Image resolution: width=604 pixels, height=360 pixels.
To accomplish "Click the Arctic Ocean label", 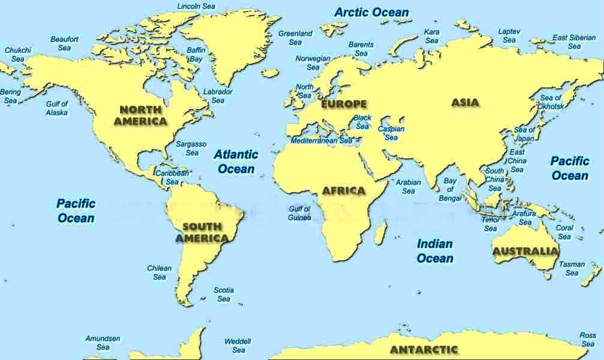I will (372, 12).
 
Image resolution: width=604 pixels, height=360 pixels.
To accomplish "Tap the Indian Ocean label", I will (435, 251).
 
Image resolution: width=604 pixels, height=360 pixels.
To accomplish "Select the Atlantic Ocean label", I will (236, 161).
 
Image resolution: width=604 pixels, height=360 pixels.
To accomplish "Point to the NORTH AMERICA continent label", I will (141, 115).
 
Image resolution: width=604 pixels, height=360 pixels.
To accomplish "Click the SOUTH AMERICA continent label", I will (202, 232).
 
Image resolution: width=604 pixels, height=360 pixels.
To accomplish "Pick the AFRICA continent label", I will (343, 191).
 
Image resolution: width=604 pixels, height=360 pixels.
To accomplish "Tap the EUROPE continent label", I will (344, 104).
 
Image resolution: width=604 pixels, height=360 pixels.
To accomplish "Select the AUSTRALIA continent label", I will (525, 251).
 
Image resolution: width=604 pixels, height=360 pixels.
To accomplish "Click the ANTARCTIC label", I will (423, 349).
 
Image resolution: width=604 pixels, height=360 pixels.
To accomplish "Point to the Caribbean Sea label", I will (172, 177).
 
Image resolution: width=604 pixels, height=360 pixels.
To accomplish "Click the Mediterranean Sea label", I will (322, 140).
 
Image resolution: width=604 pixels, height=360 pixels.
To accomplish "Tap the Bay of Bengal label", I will (450, 189).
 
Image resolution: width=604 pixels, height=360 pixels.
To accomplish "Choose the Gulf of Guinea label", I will (299, 213).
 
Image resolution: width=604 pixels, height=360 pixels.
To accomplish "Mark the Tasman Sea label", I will (572, 268).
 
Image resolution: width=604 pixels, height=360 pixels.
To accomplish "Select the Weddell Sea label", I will (238, 346).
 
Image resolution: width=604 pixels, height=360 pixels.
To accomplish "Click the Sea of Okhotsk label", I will (551, 102).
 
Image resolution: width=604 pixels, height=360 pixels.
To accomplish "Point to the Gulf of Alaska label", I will (57, 108).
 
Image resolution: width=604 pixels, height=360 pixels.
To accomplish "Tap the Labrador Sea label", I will (218, 96).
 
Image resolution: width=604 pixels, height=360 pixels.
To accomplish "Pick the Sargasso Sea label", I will (191, 148).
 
